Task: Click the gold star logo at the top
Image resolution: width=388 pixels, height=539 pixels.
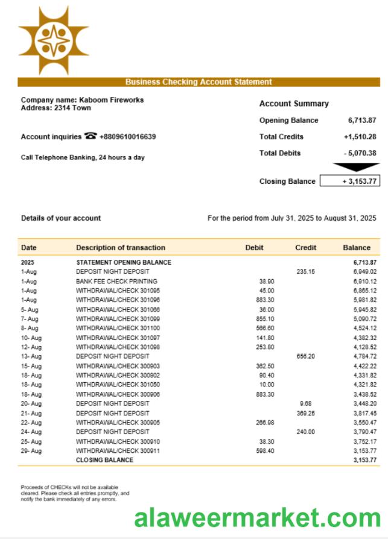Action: pyautogui.click(x=53, y=41)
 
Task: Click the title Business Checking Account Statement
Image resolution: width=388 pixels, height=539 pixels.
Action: pyautogui.click(x=199, y=82)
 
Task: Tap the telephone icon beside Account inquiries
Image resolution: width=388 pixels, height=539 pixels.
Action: pyautogui.click(x=91, y=136)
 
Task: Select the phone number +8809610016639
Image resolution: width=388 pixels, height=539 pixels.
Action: pyautogui.click(x=127, y=137)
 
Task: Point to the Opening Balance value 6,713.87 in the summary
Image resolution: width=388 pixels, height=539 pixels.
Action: pyautogui.click(x=362, y=121)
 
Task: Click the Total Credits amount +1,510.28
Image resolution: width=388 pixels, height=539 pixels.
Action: pyautogui.click(x=360, y=137)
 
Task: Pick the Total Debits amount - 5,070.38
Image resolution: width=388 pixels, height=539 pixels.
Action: pyautogui.click(x=360, y=153)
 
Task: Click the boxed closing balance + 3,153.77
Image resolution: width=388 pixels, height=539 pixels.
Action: pyautogui.click(x=350, y=181)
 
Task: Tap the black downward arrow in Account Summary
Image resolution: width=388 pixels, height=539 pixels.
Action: pyautogui.click(x=356, y=167)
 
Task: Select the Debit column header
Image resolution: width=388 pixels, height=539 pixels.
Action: pyautogui.click(x=254, y=248)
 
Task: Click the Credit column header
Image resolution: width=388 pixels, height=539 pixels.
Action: pyautogui.click(x=305, y=248)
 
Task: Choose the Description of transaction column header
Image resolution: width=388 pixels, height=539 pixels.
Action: pyautogui.click(x=120, y=248)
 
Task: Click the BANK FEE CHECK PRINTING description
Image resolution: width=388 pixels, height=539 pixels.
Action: pyautogui.click(x=116, y=282)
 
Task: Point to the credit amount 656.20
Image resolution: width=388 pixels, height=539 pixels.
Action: pyautogui.click(x=306, y=356)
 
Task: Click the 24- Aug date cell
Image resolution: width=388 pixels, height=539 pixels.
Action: pyautogui.click(x=31, y=432)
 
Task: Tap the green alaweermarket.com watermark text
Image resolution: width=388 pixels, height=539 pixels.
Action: pyautogui.click(x=258, y=518)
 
